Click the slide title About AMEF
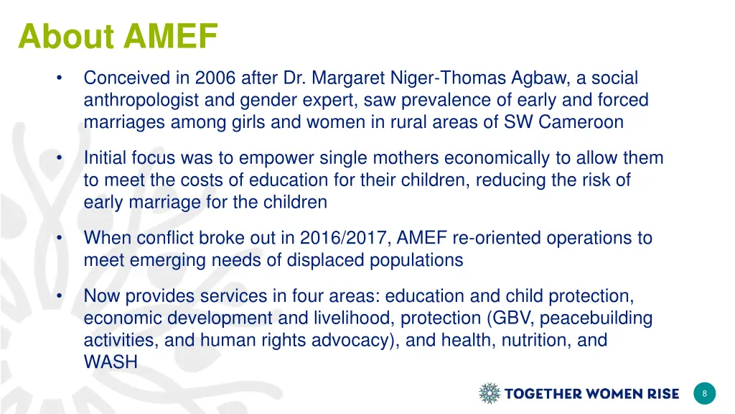118,36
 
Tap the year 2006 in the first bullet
214,78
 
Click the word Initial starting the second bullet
105,158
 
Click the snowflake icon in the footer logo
490,393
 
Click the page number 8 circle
705,393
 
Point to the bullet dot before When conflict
62,238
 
